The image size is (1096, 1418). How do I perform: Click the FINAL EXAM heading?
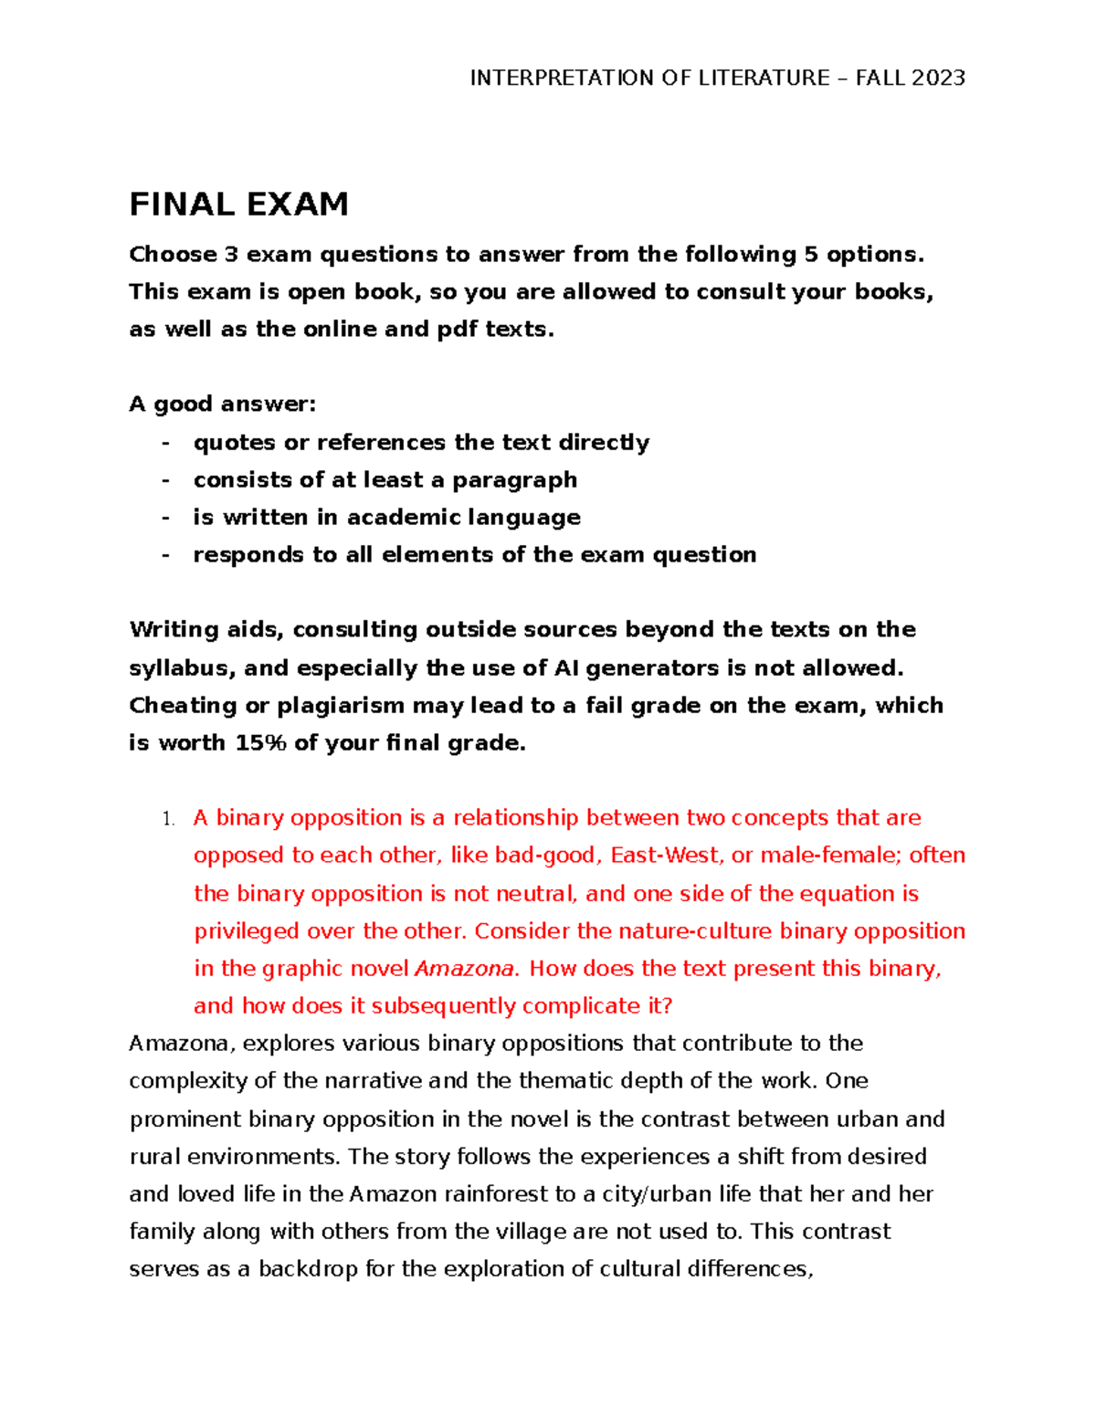238,205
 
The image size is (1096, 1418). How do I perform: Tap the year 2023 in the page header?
937,79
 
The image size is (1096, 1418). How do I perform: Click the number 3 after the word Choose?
232,255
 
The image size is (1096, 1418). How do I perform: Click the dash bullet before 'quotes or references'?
165,443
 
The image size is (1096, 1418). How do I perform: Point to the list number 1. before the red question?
167,819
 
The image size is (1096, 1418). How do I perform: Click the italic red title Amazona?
464,969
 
